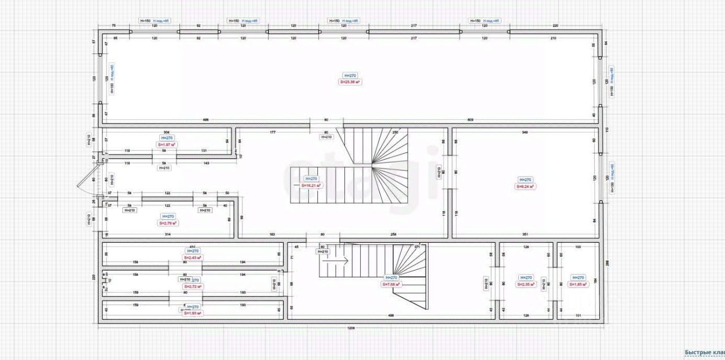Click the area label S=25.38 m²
point(351,82)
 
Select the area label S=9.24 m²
point(525,186)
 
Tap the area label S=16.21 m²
point(312,185)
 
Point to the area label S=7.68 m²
point(391,285)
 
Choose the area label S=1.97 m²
point(167,145)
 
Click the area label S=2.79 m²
point(168,223)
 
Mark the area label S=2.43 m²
point(193,257)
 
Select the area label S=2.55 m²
point(526,285)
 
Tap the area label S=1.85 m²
point(578,285)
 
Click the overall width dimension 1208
point(352,328)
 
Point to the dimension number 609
point(471,120)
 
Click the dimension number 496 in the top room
point(206,120)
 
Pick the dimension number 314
point(168,234)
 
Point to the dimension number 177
point(272,132)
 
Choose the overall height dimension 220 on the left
point(95,277)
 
